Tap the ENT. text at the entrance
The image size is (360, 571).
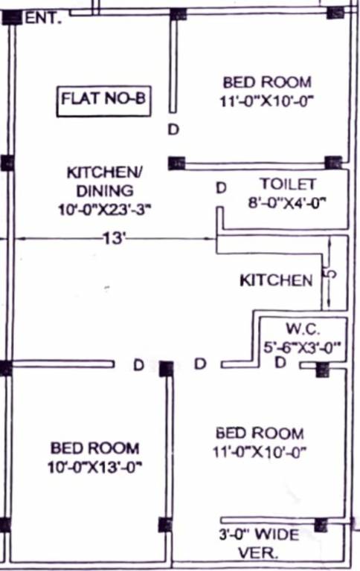(x=43, y=19)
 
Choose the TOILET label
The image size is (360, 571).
(x=288, y=184)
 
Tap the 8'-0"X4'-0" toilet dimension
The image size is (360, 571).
(x=288, y=201)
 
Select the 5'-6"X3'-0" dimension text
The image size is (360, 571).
(x=302, y=345)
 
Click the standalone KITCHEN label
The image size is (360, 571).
(x=276, y=280)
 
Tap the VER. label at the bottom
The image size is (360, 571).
(x=257, y=553)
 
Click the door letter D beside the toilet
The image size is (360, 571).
(x=221, y=188)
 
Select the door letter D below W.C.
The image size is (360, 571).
(x=280, y=363)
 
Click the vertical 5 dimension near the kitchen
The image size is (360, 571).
(x=332, y=274)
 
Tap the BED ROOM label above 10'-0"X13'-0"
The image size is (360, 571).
(x=94, y=448)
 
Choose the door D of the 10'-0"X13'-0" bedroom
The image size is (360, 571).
(x=138, y=365)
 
